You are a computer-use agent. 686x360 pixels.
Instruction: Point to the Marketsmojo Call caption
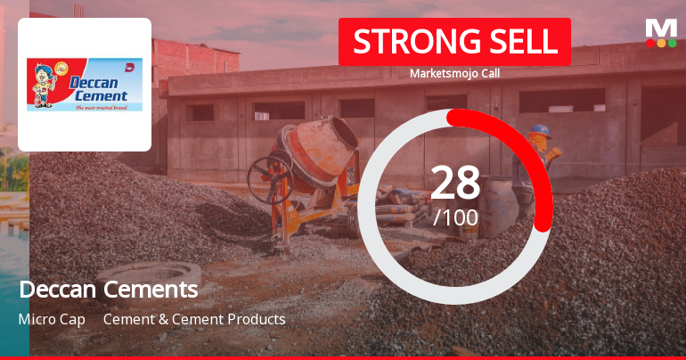(454, 73)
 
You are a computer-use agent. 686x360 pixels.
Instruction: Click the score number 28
(455, 184)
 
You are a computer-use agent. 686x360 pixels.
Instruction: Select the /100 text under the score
(455, 217)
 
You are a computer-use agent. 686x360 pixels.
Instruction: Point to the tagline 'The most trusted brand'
(102, 108)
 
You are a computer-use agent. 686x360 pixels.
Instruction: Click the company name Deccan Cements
(108, 290)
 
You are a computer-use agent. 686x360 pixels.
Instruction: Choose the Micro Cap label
(52, 319)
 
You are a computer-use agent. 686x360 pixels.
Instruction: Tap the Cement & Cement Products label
(194, 319)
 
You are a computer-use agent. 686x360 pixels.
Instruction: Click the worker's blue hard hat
(539, 131)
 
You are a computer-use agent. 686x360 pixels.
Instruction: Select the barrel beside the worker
(499, 205)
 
